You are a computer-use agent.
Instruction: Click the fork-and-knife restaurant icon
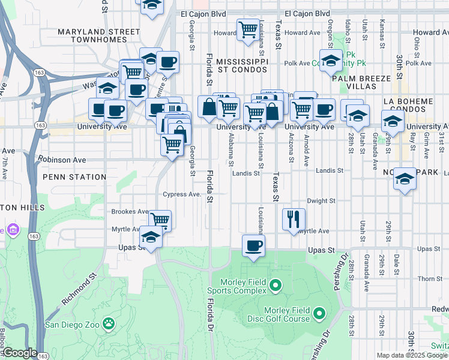[x=294, y=219]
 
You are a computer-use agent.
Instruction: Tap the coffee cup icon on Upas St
[x=253, y=245]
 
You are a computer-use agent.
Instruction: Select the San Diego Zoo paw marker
[x=109, y=324]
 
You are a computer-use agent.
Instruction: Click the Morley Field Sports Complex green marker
[x=276, y=284]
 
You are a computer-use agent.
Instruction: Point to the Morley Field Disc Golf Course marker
[x=319, y=313]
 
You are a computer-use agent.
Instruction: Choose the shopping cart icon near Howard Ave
[x=248, y=30]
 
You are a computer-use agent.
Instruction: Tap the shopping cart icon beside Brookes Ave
[x=160, y=220]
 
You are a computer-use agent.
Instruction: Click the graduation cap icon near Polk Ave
[x=330, y=61]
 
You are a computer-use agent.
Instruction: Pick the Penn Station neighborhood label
[x=74, y=177]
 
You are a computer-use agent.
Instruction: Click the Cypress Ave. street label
[x=181, y=194]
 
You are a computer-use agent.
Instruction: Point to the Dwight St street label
[x=321, y=202]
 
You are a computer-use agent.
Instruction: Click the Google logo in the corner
[x=20, y=353]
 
